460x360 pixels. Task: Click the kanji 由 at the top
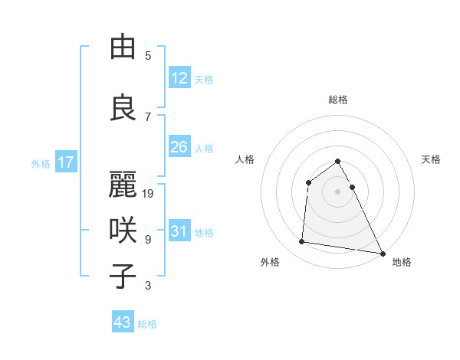pyautogui.click(x=123, y=47)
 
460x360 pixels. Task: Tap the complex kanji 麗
pyautogui.click(x=123, y=185)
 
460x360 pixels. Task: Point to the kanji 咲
pyautogui.click(x=123, y=230)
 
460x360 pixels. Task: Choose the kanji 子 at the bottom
pyautogui.click(x=123, y=276)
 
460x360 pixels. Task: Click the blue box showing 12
pyautogui.click(x=179, y=78)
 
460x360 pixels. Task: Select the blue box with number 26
pyautogui.click(x=179, y=147)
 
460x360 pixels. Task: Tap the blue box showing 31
pyautogui.click(x=179, y=231)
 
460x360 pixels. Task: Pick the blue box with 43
pyautogui.click(x=123, y=322)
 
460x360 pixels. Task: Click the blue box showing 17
pyautogui.click(x=65, y=162)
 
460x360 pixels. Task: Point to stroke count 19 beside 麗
pyautogui.click(x=149, y=194)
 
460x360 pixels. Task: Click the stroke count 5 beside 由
pyautogui.click(x=148, y=56)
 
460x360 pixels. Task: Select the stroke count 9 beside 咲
pyautogui.click(x=148, y=240)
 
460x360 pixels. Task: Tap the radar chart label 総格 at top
pyautogui.click(x=338, y=100)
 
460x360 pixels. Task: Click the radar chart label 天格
pyautogui.click(x=431, y=159)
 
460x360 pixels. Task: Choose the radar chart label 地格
pyautogui.click(x=402, y=262)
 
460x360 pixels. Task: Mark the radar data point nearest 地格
pyautogui.click(x=383, y=253)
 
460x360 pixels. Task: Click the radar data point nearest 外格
pyautogui.click(x=302, y=242)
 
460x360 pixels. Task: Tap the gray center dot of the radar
pyautogui.click(x=338, y=191)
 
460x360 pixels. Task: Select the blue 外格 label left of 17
pyautogui.click(x=41, y=163)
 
